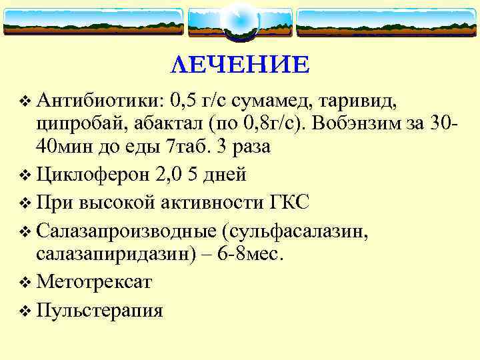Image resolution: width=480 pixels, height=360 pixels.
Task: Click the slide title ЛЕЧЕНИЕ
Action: point(240,65)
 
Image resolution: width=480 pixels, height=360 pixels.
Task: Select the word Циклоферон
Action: point(93,174)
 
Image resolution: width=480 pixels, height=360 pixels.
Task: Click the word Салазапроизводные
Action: point(126,230)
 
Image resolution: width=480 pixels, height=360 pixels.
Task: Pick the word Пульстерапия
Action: point(100,310)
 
